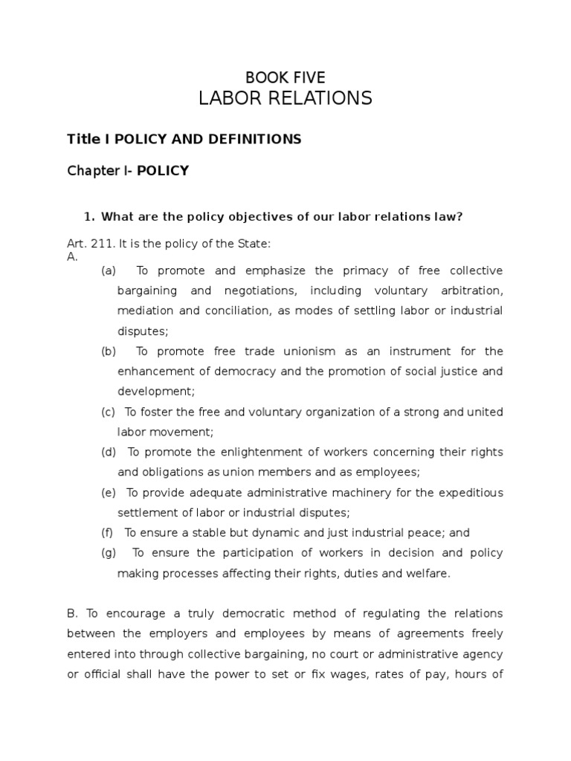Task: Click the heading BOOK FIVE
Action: click(285, 77)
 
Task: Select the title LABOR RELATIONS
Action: click(285, 98)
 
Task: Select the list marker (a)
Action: click(109, 271)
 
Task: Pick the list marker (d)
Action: click(109, 452)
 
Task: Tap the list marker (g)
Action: click(109, 553)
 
